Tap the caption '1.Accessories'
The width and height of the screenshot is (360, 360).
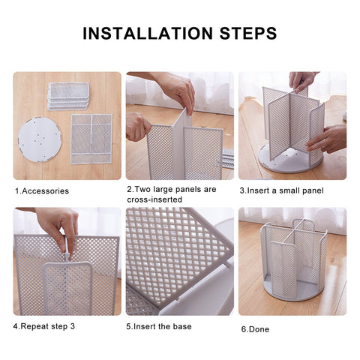click(42, 191)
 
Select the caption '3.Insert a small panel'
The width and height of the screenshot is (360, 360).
click(281, 190)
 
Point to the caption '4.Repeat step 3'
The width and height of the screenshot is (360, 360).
click(44, 326)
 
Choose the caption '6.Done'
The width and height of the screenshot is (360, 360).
click(254, 329)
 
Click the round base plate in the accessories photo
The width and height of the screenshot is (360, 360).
click(39, 139)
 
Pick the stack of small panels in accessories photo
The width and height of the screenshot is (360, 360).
click(68, 95)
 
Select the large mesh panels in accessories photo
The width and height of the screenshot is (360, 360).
click(91, 138)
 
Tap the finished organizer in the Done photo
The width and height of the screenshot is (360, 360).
click(293, 259)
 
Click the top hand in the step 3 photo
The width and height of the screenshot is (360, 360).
click(301, 79)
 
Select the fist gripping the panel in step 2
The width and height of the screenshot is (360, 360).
click(136, 127)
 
